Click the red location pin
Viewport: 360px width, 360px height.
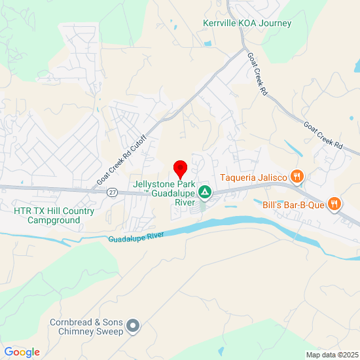click(x=180, y=169)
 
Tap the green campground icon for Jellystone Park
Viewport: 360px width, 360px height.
click(x=205, y=192)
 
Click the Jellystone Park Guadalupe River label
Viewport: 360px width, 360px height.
click(x=164, y=193)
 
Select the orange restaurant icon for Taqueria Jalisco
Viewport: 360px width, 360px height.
click(x=297, y=175)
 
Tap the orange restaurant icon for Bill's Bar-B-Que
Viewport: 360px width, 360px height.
click(x=334, y=204)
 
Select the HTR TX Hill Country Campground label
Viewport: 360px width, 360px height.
click(x=54, y=216)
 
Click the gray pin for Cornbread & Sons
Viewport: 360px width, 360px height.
click(x=134, y=325)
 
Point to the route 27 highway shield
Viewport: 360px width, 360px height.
click(x=113, y=192)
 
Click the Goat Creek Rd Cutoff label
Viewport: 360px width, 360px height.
click(x=122, y=160)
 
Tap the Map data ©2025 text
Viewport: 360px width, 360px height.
click(x=331, y=355)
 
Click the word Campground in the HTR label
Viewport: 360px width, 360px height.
click(x=54, y=221)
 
